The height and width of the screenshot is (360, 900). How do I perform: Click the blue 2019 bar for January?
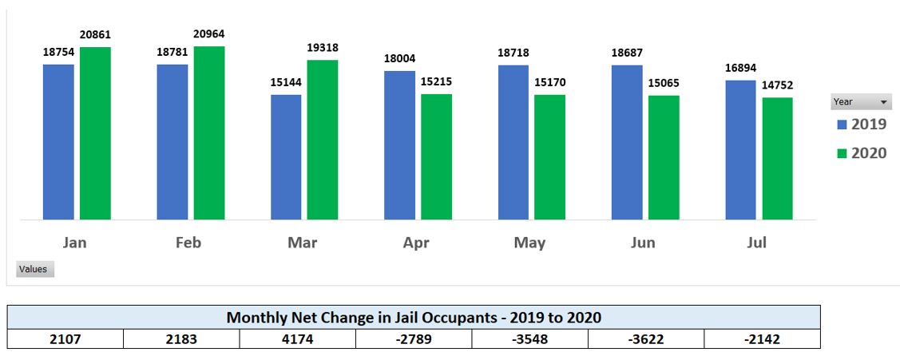click(x=58, y=141)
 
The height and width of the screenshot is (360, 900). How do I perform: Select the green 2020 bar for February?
click(x=209, y=133)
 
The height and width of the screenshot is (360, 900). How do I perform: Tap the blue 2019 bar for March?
click(x=286, y=156)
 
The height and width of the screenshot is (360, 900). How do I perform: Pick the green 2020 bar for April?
click(x=437, y=156)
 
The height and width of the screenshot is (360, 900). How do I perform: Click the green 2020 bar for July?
click(x=777, y=158)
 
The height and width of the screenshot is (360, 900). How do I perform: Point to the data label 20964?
click(x=209, y=35)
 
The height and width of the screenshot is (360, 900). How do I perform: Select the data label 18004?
click(x=399, y=59)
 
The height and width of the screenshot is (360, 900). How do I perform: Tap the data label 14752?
click(x=777, y=85)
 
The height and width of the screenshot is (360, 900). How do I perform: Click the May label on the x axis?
click(x=529, y=243)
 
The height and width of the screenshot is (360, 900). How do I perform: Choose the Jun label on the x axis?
click(x=644, y=243)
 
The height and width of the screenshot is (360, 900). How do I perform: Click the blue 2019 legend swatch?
click(x=842, y=125)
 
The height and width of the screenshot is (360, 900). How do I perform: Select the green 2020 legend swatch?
click(x=842, y=153)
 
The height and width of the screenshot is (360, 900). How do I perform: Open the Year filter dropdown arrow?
click(x=884, y=102)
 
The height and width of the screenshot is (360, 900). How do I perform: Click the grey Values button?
click(x=34, y=269)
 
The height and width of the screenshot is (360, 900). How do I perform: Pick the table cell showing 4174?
click(x=298, y=339)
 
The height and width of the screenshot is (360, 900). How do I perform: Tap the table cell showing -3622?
click(x=646, y=339)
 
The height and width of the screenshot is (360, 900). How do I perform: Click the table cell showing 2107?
click(x=65, y=339)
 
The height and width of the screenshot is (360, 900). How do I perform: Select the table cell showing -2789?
click(x=414, y=339)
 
